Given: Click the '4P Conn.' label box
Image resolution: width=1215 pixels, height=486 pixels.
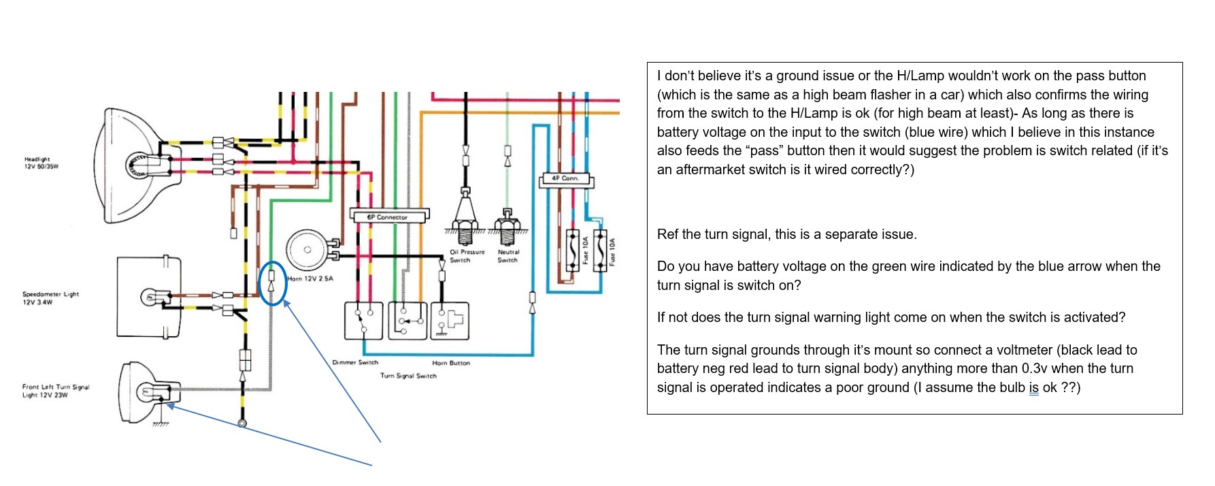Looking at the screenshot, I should point(565,179).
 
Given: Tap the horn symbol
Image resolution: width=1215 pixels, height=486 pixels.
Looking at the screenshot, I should point(307,250).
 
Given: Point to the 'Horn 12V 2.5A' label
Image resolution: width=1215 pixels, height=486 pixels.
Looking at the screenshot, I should point(310,279).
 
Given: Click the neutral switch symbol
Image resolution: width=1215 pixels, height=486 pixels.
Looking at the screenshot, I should point(507,226).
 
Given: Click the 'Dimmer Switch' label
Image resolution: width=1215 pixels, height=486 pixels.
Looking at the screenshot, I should point(355,363).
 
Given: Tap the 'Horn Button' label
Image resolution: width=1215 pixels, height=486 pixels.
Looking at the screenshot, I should point(451,363).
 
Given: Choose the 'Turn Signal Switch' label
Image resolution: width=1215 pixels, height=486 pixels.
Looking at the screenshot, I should point(408,376).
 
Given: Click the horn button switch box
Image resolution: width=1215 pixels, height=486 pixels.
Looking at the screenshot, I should point(450,321).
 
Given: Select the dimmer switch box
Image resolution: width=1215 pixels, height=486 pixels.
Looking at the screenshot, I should point(364,321).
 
